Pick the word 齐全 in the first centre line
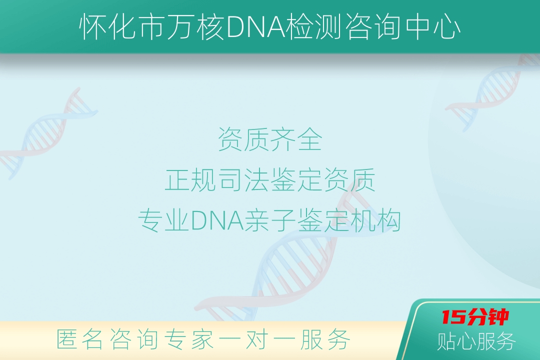click(296, 139)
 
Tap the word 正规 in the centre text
click(190, 180)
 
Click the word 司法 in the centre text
click(243, 180)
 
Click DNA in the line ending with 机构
click(217, 221)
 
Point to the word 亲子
click(269, 220)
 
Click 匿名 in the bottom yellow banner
click(79, 339)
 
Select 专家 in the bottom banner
click(188, 339)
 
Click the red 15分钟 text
click(475, 317)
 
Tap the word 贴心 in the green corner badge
click(456, 341)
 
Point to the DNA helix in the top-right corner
click(492, 93)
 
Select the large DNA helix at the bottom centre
click(292, 255)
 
